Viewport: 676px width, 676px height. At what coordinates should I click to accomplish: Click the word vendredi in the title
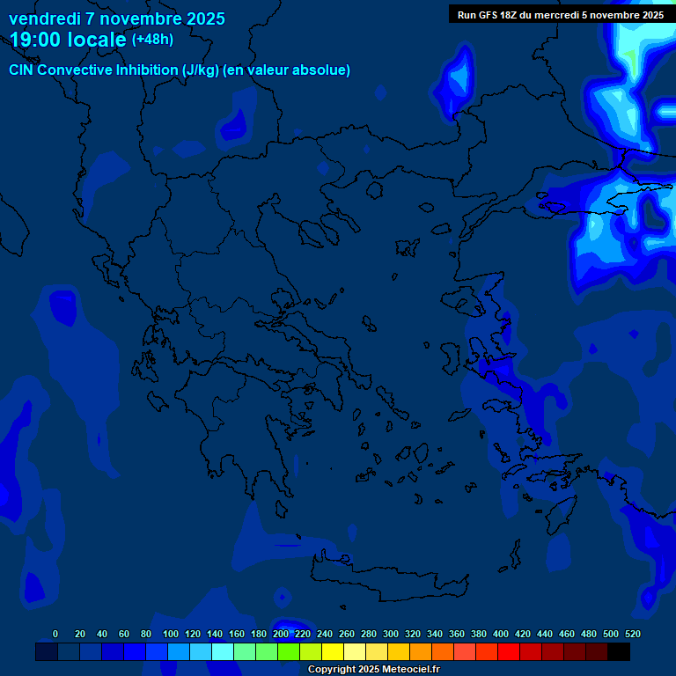(x=44, y=18)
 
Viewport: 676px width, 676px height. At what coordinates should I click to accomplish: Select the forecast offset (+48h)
(x=152, y=40)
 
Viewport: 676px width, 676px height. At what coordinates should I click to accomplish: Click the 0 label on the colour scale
(x=55, y=634)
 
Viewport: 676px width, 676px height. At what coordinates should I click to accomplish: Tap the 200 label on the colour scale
(x=281, y=634)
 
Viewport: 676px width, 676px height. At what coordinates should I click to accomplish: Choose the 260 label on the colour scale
(x=347, y=634)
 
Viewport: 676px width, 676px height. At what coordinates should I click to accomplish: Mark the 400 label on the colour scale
(x=501, y=634)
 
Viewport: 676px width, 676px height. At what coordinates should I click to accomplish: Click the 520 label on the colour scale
(x=632, y=634)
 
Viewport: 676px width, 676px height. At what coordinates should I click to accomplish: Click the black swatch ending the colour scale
(x=619, y=651)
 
